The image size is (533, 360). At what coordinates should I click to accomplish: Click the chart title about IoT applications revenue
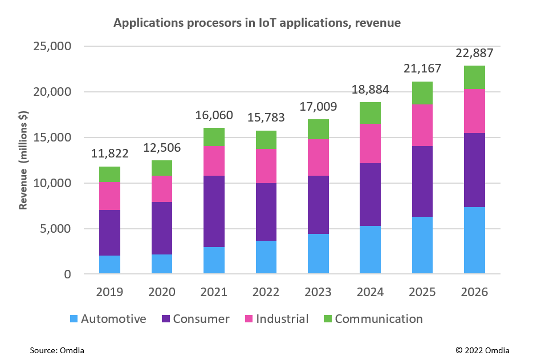click(x=257, y=23)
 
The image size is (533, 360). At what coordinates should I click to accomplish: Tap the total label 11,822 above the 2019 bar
click(x=109, y=153)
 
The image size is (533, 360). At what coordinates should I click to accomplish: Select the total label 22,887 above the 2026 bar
click(x=474, y=53)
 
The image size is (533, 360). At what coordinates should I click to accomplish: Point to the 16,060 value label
click(x=214, y=115)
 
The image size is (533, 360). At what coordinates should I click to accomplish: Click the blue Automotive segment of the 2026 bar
click(x=474, y=240)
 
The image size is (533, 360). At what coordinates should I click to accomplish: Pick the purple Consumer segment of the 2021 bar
click(x=214, y=211)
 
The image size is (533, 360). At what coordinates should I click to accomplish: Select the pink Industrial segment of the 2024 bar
click(x=370, y=143)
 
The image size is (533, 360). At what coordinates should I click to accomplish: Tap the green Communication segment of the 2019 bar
click(x=109, y=174)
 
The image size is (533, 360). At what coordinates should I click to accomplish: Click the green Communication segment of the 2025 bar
click(x=422, y=93)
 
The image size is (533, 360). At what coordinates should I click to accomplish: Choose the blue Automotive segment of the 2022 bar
click(x=266, y=257)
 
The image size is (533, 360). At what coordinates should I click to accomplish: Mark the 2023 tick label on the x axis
click(x=318, y=292)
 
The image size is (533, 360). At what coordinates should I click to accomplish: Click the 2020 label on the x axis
click(x=162, y=292)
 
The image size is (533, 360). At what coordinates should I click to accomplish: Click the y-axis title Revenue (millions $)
click(x=23, y=160)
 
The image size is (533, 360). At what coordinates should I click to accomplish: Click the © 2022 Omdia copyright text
click(x=482, y=350)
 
